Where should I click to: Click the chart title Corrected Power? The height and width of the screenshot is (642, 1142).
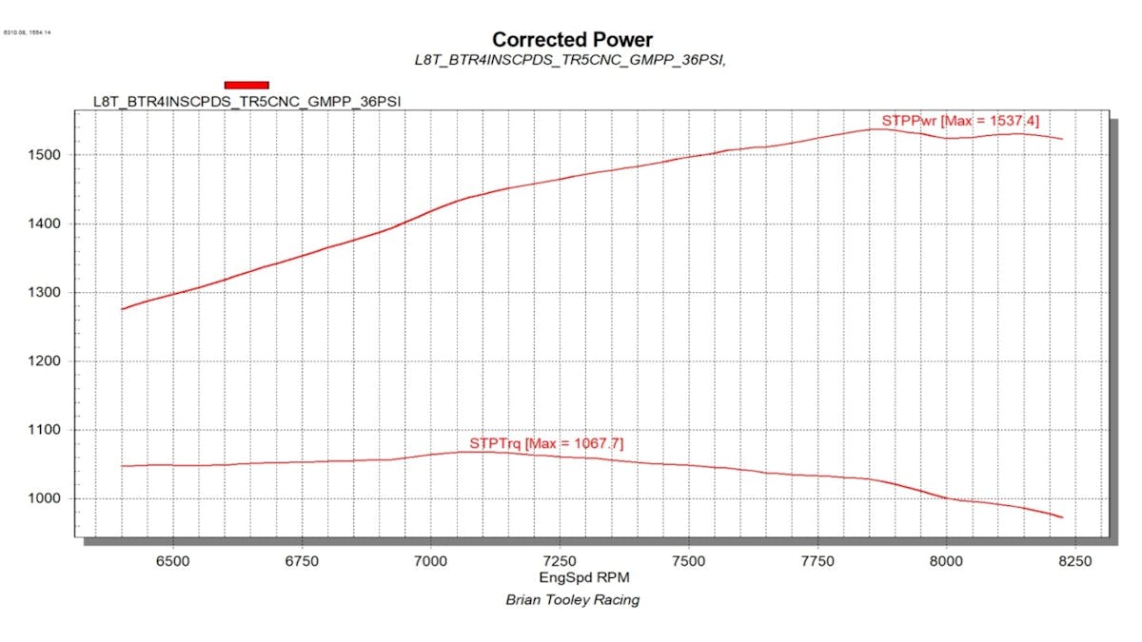(x=572, y=40)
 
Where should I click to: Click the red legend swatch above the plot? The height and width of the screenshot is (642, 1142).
(x=246, y=85)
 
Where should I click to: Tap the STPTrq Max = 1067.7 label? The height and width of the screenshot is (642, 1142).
(x=546, y=443)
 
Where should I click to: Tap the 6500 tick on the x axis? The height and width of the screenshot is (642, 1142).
(x=173, y=561)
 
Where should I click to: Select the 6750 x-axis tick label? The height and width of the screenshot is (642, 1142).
(x=302, y=561)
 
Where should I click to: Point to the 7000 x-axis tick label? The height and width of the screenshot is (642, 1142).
(x=431, y=561)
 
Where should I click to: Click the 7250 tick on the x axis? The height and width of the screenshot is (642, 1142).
(x=560, y=561)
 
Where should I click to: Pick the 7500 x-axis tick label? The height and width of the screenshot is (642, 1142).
(x=688, y=561)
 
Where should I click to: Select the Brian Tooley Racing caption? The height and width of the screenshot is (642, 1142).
(x=572, y=600)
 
